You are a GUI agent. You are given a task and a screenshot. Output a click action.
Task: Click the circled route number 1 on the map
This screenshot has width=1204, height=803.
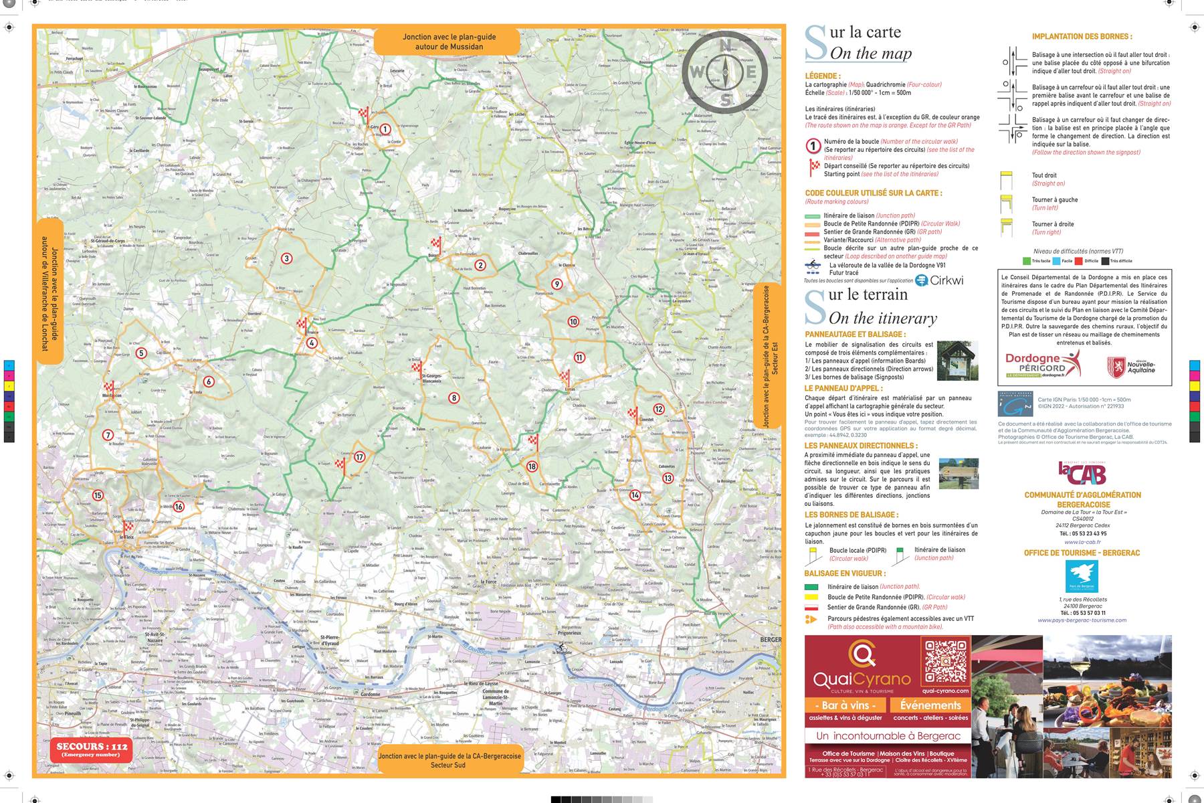pos(385,129)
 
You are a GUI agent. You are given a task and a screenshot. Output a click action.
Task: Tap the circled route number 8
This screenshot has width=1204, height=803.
pos(454,398)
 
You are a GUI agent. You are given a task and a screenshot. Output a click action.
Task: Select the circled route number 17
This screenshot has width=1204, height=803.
pos(359,457)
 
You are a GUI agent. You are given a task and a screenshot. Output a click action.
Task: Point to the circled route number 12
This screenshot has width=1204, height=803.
pos(659,409)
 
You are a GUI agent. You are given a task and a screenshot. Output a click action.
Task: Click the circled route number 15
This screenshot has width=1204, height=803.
pos(98,496)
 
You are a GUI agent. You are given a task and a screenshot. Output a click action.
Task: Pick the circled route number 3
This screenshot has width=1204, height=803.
pos(286,258)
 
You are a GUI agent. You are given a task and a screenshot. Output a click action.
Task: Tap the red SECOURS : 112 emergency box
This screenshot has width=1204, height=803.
pos(91,749)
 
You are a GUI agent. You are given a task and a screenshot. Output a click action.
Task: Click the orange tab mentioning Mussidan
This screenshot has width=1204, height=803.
pos(448,41)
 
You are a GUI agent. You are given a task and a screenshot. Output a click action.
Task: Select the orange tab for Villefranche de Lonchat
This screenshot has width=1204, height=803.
pos(49,292)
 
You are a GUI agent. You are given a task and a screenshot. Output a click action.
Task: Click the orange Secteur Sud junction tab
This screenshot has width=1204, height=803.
pos(449,760)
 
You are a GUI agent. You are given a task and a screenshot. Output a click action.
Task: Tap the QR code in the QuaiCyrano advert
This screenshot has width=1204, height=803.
pos(945,660)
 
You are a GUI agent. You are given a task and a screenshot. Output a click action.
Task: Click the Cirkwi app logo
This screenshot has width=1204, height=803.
pos(939,280)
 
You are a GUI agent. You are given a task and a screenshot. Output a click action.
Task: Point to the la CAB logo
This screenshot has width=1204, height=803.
pos(1082,474)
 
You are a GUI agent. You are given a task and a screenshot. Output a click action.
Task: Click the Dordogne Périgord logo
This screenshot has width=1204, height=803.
pos(1042,365)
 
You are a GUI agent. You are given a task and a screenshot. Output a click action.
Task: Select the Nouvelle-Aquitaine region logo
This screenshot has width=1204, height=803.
pos(1130,367)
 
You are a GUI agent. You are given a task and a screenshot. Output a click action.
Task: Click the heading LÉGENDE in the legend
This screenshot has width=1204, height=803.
pos(823,76)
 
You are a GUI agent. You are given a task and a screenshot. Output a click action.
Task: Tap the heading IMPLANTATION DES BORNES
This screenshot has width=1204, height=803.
pos(1082,37)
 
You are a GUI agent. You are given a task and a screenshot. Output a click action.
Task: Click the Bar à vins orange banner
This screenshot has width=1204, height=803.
pos(845,705)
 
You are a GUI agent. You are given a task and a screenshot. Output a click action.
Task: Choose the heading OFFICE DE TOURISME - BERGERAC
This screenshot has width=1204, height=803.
pos(1082,553)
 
